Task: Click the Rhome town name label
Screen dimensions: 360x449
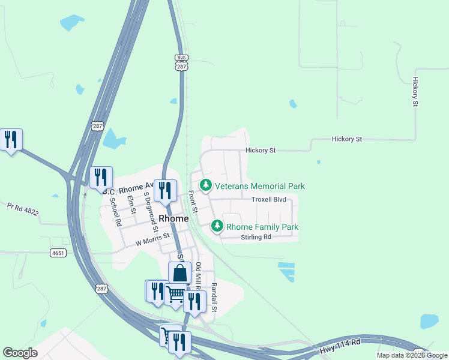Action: click(x=173, y=219)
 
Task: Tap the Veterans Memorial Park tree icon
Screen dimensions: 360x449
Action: click(x=206, y=186)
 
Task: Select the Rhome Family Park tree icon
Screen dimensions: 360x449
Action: click(x=217, y=227)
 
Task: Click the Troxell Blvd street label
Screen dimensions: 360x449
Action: click(x=268, y=199)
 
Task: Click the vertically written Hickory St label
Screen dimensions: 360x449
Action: click(x=415, y=92)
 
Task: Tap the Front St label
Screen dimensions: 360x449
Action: click(x=193, y=202)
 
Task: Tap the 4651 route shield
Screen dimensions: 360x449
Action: click(x=58, y=253)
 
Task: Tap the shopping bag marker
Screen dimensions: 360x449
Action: click(x=179, y=273)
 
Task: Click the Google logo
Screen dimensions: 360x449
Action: click(x=20, y=353)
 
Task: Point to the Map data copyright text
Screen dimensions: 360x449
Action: click(x=412, y=355)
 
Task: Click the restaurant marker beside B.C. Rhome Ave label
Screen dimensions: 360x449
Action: click(x=101, y=177)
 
